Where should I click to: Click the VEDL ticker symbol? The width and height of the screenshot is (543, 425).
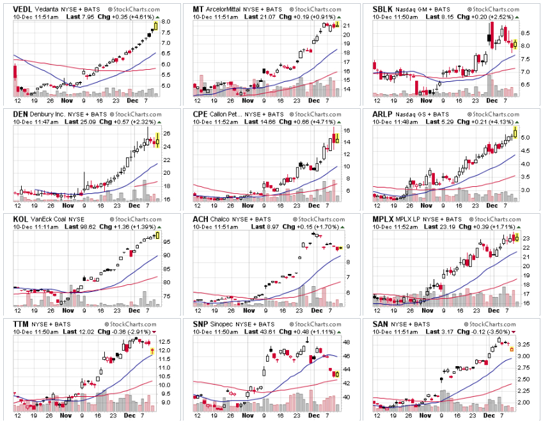tap(23, 10)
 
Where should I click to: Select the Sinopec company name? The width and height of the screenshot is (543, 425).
tap(223, 325)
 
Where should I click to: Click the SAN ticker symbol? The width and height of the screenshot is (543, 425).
tap(381, 325)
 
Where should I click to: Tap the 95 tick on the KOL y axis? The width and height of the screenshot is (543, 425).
tap(165, 242)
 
